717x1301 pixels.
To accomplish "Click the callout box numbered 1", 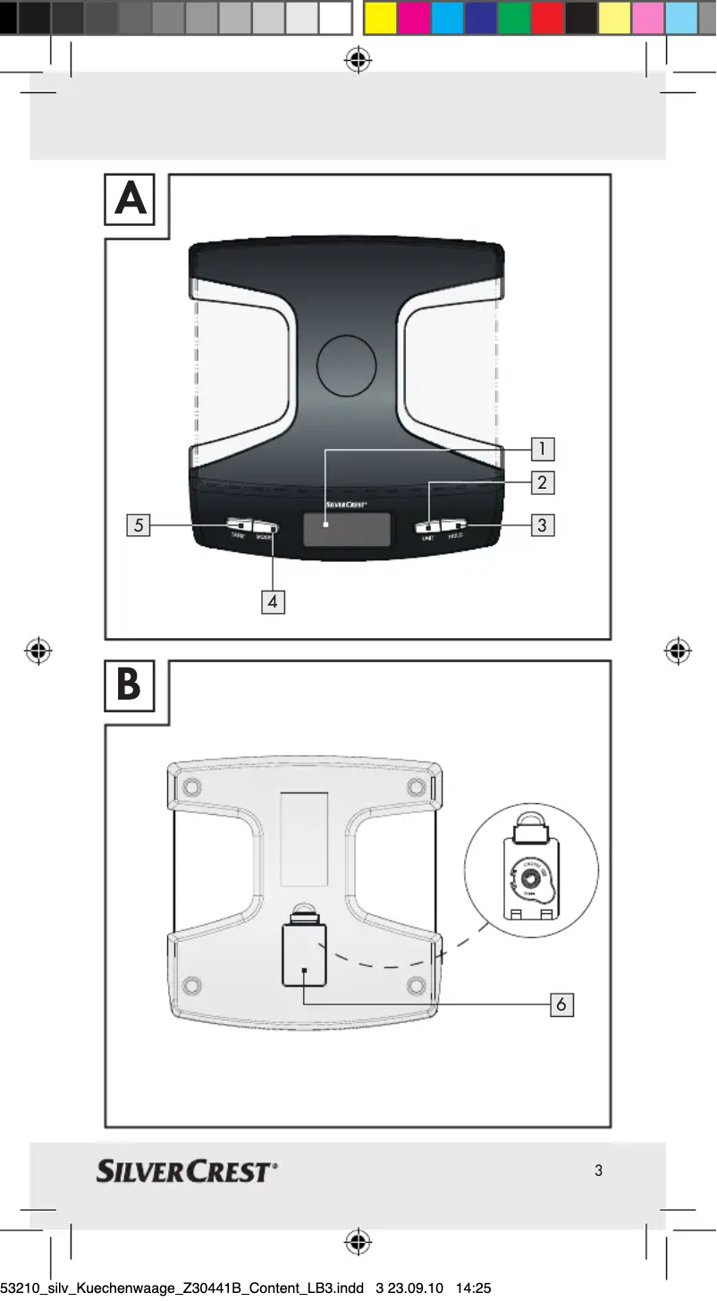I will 542,449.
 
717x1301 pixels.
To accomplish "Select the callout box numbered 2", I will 542,483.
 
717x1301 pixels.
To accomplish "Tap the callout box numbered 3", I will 542,525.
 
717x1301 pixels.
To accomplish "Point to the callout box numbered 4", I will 273,602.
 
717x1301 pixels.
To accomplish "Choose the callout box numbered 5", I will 138,525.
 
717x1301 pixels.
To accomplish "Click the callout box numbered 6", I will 561,1004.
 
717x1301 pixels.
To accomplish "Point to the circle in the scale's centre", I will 347,365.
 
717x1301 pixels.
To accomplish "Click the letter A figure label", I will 131,199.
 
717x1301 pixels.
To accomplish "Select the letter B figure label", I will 130,686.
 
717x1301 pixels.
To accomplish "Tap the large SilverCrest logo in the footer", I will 187,1171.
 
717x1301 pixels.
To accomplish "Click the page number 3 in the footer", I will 598,1171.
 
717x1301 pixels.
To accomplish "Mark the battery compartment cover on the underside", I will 304,955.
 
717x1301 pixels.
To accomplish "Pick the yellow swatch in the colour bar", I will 381,18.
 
